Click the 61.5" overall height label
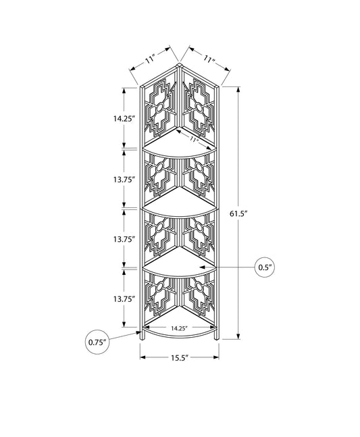[239, 213]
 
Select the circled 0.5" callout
[265, 267]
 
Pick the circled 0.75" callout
[97, 342]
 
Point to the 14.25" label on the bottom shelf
[178, 328]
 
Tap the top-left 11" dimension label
[150, 59]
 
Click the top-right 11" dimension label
[209, 59]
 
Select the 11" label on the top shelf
[193, 138]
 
